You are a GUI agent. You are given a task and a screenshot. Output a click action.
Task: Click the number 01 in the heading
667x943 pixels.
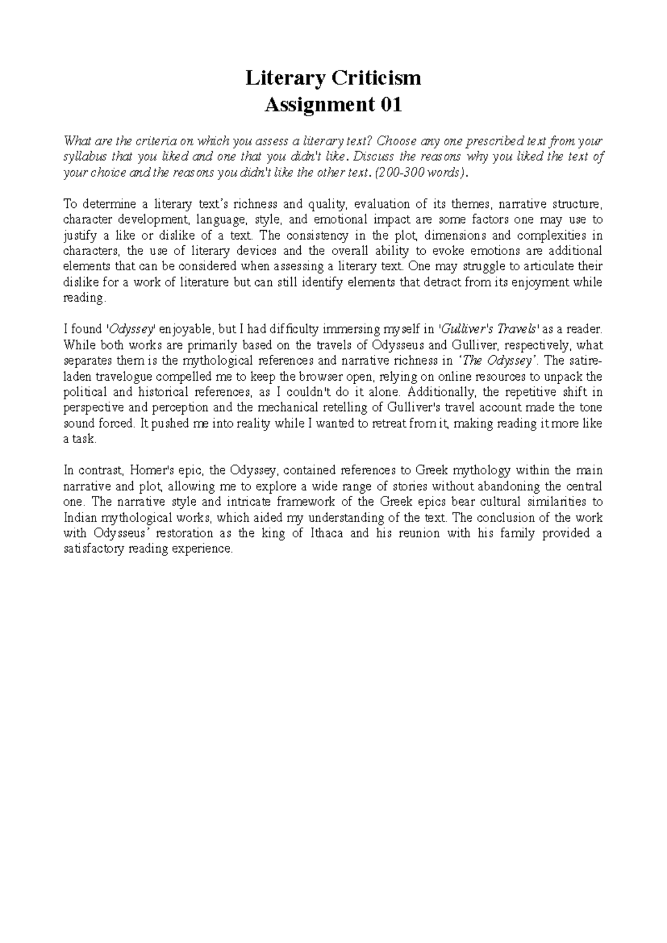pyautogui.click(x=390, y=105)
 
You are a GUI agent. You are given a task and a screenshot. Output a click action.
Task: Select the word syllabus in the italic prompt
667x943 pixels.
pyautogui.click(x=84, y=156)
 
